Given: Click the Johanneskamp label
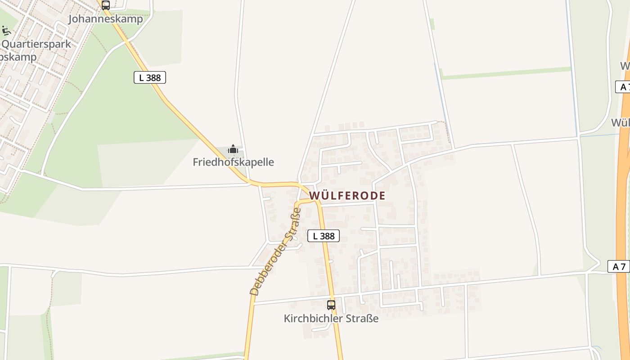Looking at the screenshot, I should [105, 19].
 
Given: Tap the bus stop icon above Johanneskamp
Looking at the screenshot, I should [105, 5].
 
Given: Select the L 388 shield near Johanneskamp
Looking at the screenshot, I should [150, 77].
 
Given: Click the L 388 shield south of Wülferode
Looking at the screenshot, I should [323, 235].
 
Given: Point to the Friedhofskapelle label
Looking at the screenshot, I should [233, 162].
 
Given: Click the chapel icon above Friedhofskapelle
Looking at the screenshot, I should [233, 148].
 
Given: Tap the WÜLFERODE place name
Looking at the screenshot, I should [347, 195].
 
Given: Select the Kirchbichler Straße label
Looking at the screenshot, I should [331, 319].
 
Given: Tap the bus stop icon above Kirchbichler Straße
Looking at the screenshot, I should [331, 305].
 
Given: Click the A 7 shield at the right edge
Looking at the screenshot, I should [619, 266].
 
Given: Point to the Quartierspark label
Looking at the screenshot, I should [37, 44].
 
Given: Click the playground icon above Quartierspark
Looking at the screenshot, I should [6, 30].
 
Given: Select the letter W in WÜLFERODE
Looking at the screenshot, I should [314, 195].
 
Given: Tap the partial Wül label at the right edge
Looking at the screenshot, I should [620, 122].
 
